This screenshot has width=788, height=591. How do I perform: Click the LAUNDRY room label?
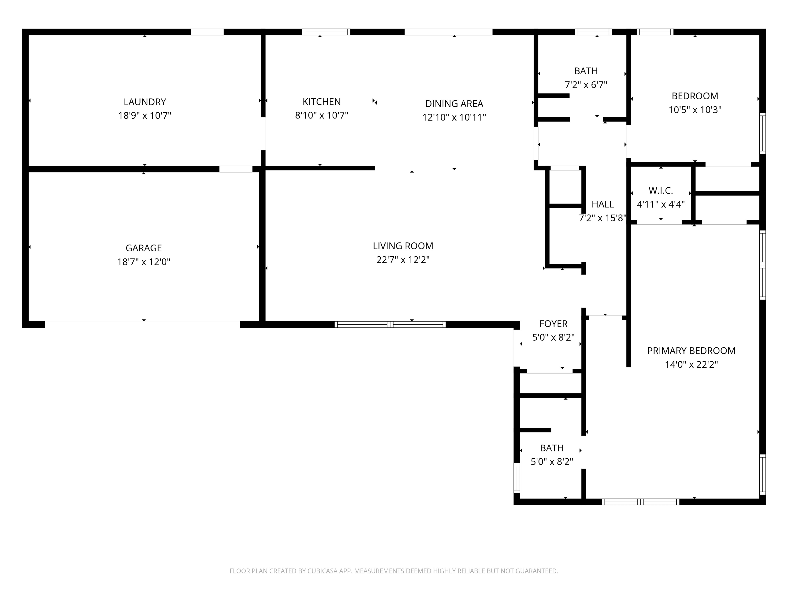tap(145, 102)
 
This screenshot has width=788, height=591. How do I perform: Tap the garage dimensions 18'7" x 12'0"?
tap(144, 262)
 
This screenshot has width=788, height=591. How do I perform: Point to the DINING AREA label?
tap(454, 104)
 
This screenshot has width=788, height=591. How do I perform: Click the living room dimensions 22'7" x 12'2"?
tap(403, 260)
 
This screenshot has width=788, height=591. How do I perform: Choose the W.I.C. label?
tap(660, 191)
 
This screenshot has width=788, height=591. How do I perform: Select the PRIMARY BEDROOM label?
tap(691, 351)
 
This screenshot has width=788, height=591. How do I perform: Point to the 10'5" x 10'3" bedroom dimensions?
tap(695, 110)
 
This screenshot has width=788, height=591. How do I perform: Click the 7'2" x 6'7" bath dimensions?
tap(586, 85)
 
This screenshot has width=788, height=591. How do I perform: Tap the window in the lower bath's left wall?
tap(517, 477)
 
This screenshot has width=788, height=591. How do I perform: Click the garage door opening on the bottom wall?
tap(142, 325)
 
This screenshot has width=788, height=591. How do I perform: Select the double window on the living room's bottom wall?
tap(390, 324)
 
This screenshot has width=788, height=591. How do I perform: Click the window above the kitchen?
tap(326, 32)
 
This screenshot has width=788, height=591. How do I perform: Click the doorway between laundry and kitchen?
tap(263, 134)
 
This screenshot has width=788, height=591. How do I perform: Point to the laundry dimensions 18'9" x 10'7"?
tap(145, 115)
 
